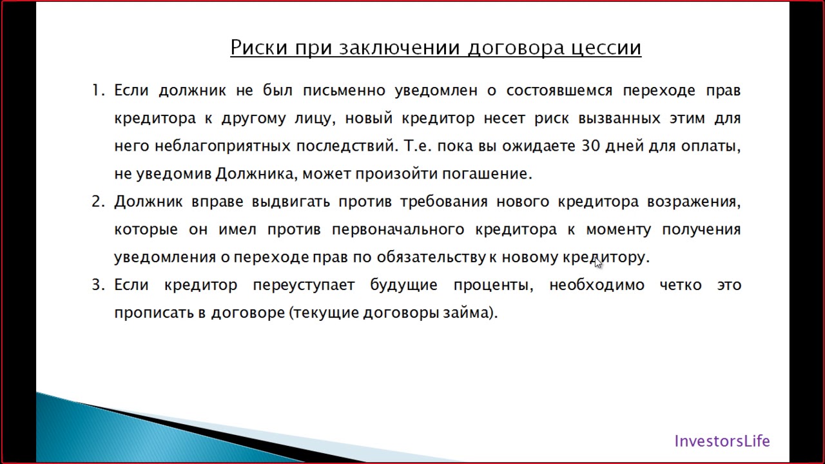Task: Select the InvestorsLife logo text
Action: (722, 441)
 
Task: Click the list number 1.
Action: (97, 91)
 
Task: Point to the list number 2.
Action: (97, 202)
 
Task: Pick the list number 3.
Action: (97, 285)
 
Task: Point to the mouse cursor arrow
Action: (598, 262)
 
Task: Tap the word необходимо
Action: (596, 285)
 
